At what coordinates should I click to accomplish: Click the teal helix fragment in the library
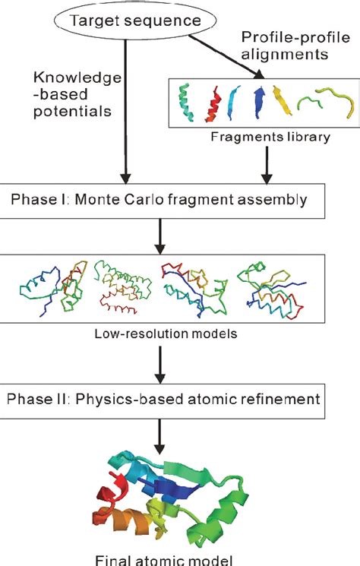pyautogui.click(x=185, y=104)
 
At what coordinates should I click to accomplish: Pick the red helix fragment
pyautogui.click(x=213, y=104)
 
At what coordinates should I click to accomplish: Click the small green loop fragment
pyautogui.click(x=313, y=102)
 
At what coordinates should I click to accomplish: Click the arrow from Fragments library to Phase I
pyautogui.click(x=266, y=164)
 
